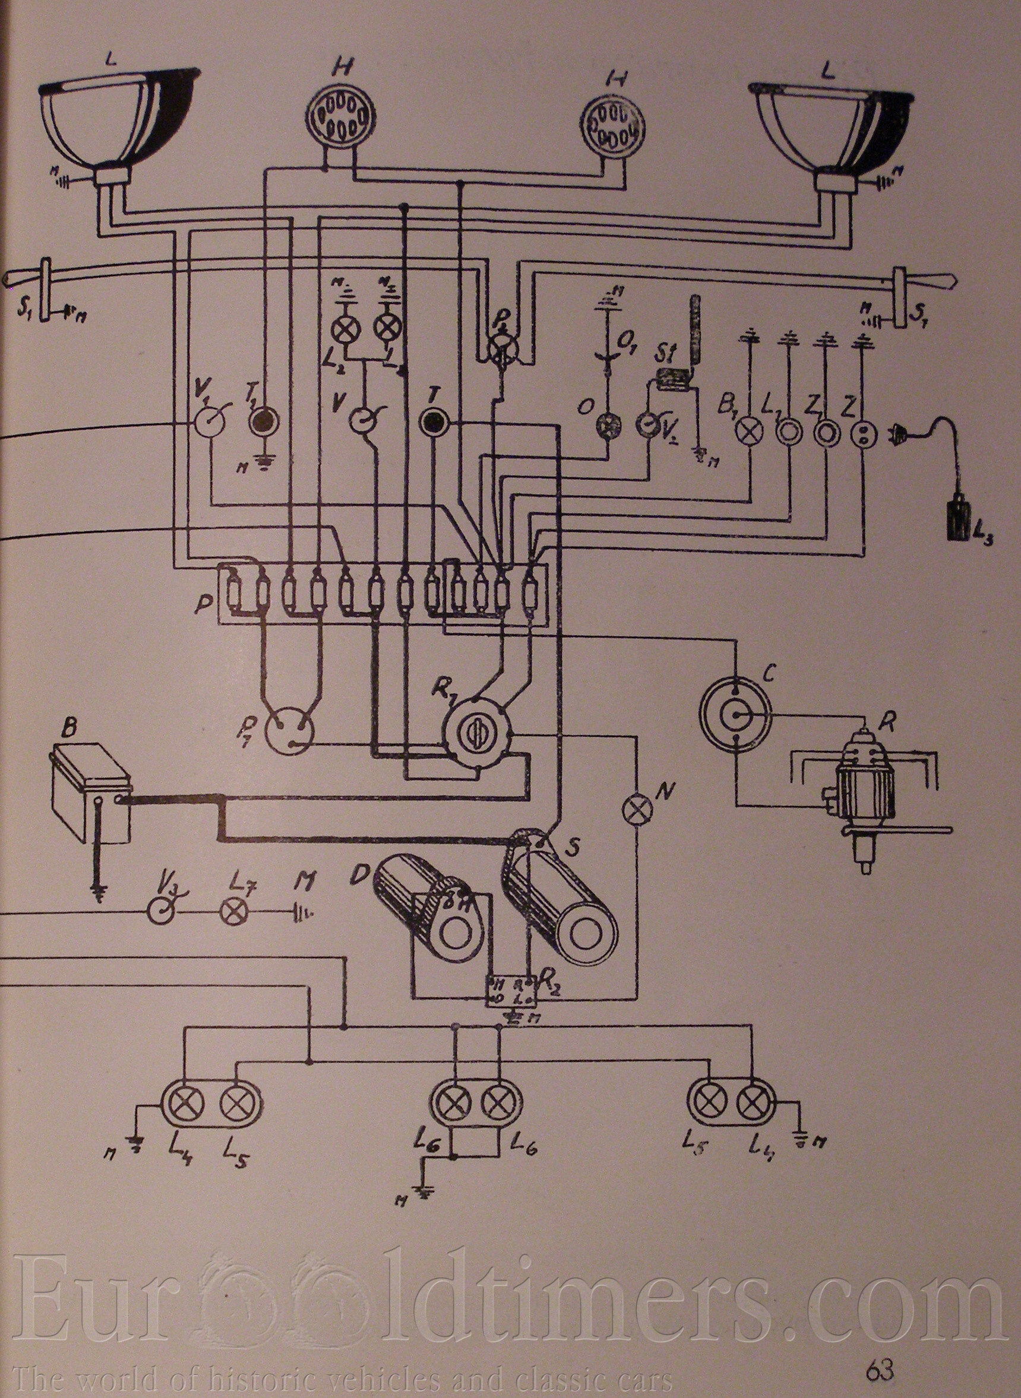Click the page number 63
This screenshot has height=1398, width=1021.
(x=880, y=1353)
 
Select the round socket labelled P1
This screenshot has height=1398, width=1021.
(x=289, y=733)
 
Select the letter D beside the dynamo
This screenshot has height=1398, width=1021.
(x=356, y=876)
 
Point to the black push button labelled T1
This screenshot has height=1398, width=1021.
(x=263, y=422)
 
